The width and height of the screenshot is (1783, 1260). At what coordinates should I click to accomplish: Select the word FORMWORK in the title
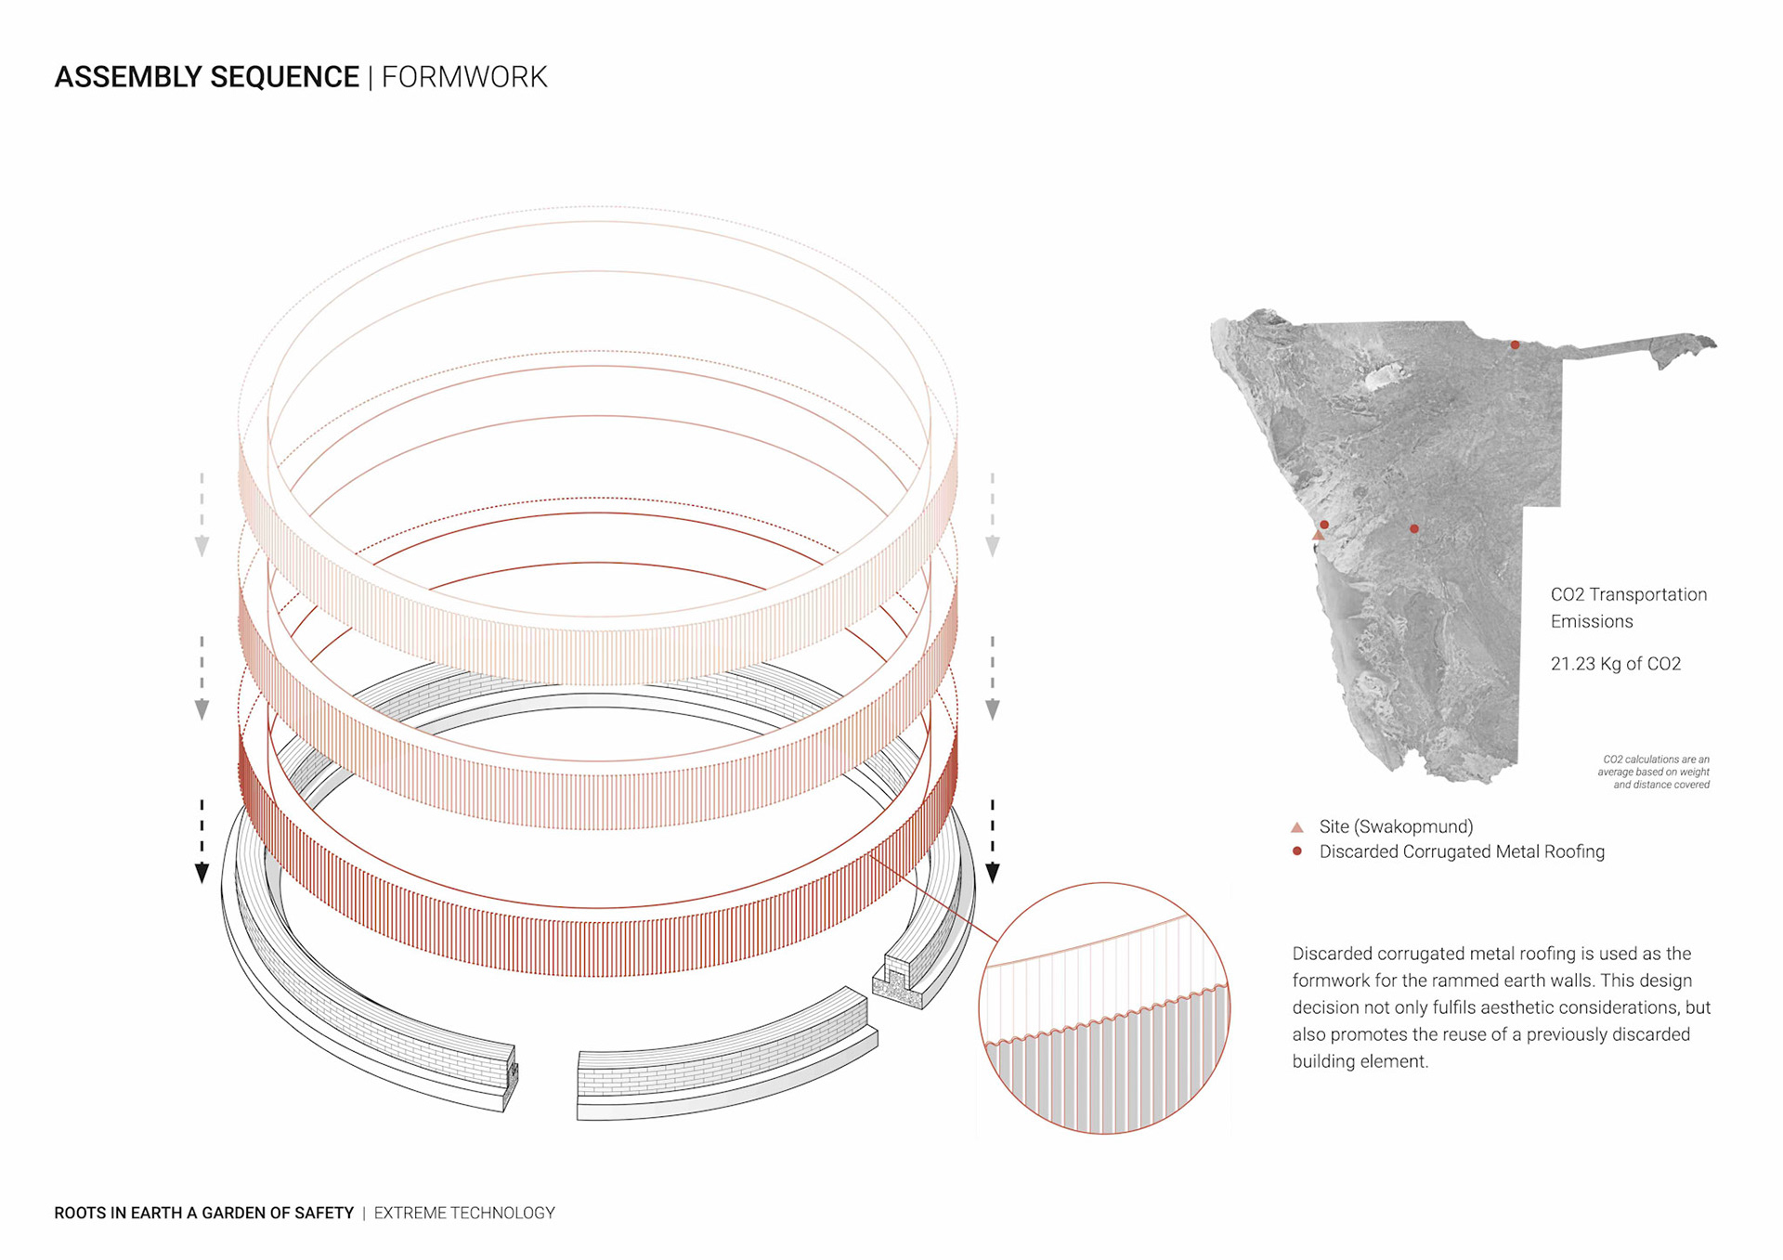coord(464,77)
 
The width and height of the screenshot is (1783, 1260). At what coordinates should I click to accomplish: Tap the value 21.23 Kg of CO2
coord(1615,664)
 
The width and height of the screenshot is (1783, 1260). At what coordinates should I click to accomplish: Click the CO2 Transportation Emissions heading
coord(1628,607)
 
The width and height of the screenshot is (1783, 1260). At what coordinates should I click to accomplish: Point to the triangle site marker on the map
coord(1318,535)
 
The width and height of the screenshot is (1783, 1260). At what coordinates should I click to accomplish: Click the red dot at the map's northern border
coord(1515,345)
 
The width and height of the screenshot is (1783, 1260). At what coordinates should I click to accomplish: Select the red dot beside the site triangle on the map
coord(1324,525)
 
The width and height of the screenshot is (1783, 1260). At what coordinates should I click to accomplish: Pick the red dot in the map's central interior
coord(1414,529)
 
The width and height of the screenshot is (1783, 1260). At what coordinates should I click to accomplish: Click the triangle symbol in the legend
coord(1297,827)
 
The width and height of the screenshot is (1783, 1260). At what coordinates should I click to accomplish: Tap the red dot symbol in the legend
coord(1297,851)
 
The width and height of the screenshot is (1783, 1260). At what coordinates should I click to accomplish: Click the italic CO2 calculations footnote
coord(1654,772)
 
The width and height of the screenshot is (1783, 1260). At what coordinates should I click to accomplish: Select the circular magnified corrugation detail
coord(1104,1007)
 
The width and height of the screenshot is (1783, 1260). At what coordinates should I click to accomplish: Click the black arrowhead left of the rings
coord(202,873)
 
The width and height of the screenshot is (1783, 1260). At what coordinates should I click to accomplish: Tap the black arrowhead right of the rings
coord(993,873)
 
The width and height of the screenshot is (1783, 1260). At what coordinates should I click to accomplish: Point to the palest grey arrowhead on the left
coord(202,546)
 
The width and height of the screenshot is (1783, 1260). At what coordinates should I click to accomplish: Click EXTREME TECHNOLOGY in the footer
coord(464,1213)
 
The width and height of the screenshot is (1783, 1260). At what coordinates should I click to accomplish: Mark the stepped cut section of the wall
coord(897,984)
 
